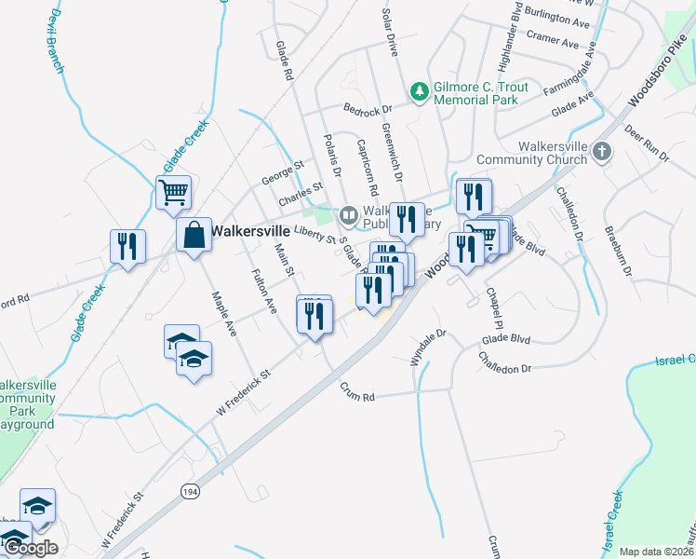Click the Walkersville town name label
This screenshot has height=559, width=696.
pos(249,229)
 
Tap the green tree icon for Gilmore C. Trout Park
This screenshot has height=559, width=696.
pos(420,90)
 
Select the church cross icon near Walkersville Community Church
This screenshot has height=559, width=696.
pos(602,151)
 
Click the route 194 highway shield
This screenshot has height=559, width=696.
pos(190,490)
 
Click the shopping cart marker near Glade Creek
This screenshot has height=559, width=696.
pos(173,192)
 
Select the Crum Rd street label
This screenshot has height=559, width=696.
pos(355,392)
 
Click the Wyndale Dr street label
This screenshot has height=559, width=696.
pos(429,346)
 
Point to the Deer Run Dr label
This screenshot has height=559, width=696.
pos(647,143)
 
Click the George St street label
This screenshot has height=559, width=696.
pos(283,170)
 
